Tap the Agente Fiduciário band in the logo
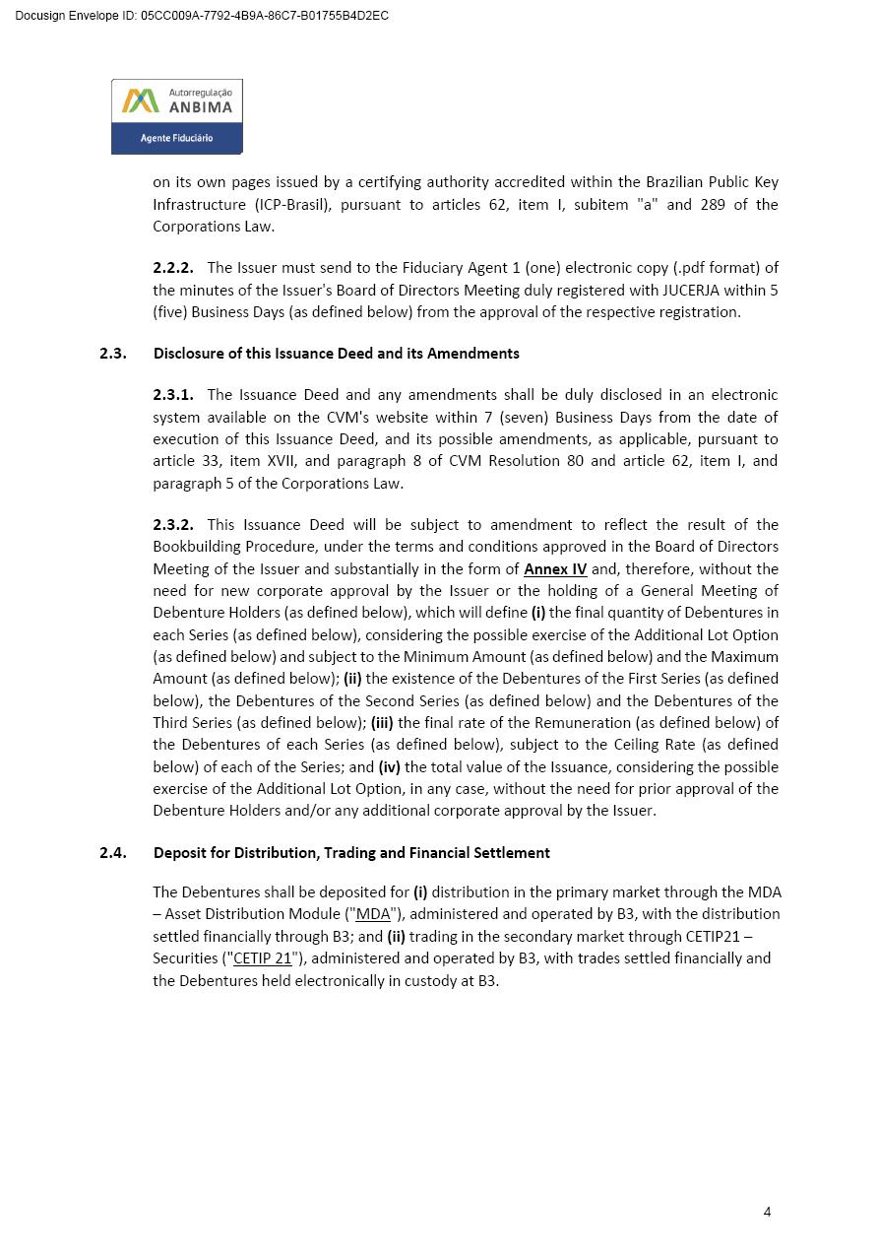[177, 138]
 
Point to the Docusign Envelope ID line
[202, 16]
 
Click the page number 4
[767, 1212]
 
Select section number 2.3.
[113, 354]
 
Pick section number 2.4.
[113, 853]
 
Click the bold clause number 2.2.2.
[173, 268]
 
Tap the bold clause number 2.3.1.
[173, 395]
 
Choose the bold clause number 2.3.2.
[173, 525]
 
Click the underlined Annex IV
[555, 569]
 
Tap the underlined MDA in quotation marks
[373, 914]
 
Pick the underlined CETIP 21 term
[263, 958]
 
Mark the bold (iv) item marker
[389, 767]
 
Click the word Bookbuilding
[194, 547]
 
